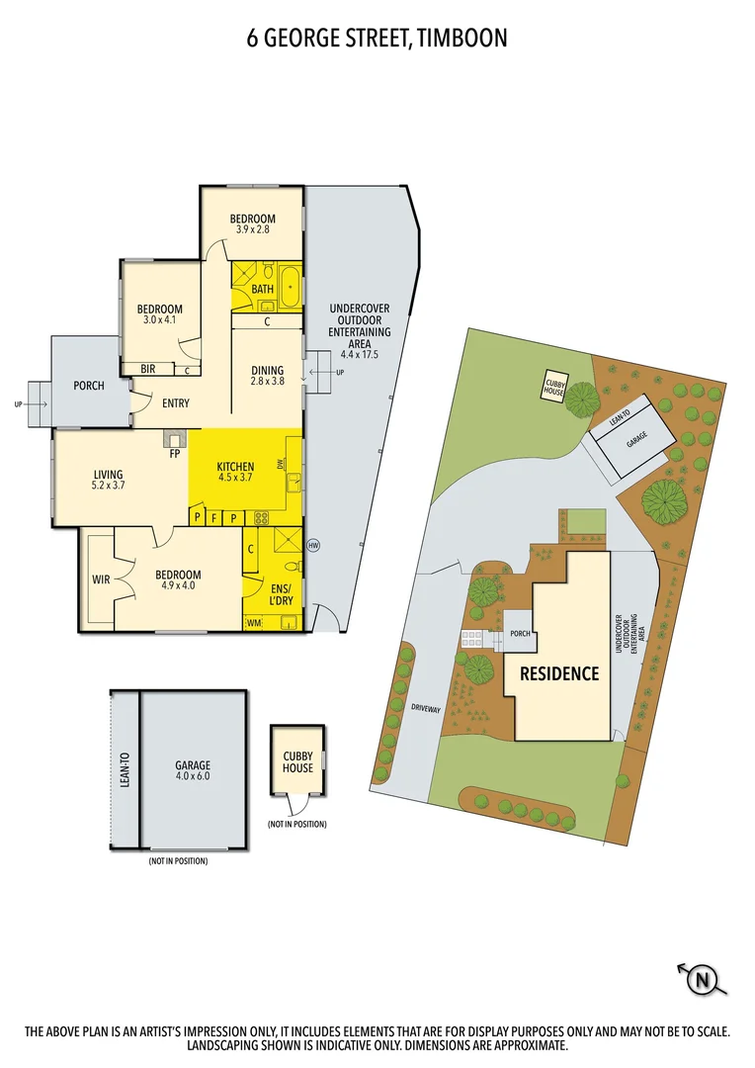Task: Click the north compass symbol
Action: pos(703,980)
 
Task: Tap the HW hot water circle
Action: pos(314,545)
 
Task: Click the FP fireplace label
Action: pos(175,455)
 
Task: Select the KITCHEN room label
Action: pos(236,467)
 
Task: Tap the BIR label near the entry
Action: pos(148,370)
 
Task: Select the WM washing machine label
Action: pos(255,622)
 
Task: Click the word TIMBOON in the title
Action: pos(462,39)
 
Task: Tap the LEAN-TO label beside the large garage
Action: pos(125,766)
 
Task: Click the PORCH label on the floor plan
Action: pos(89,386)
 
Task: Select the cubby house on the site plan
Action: pos(554,387)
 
